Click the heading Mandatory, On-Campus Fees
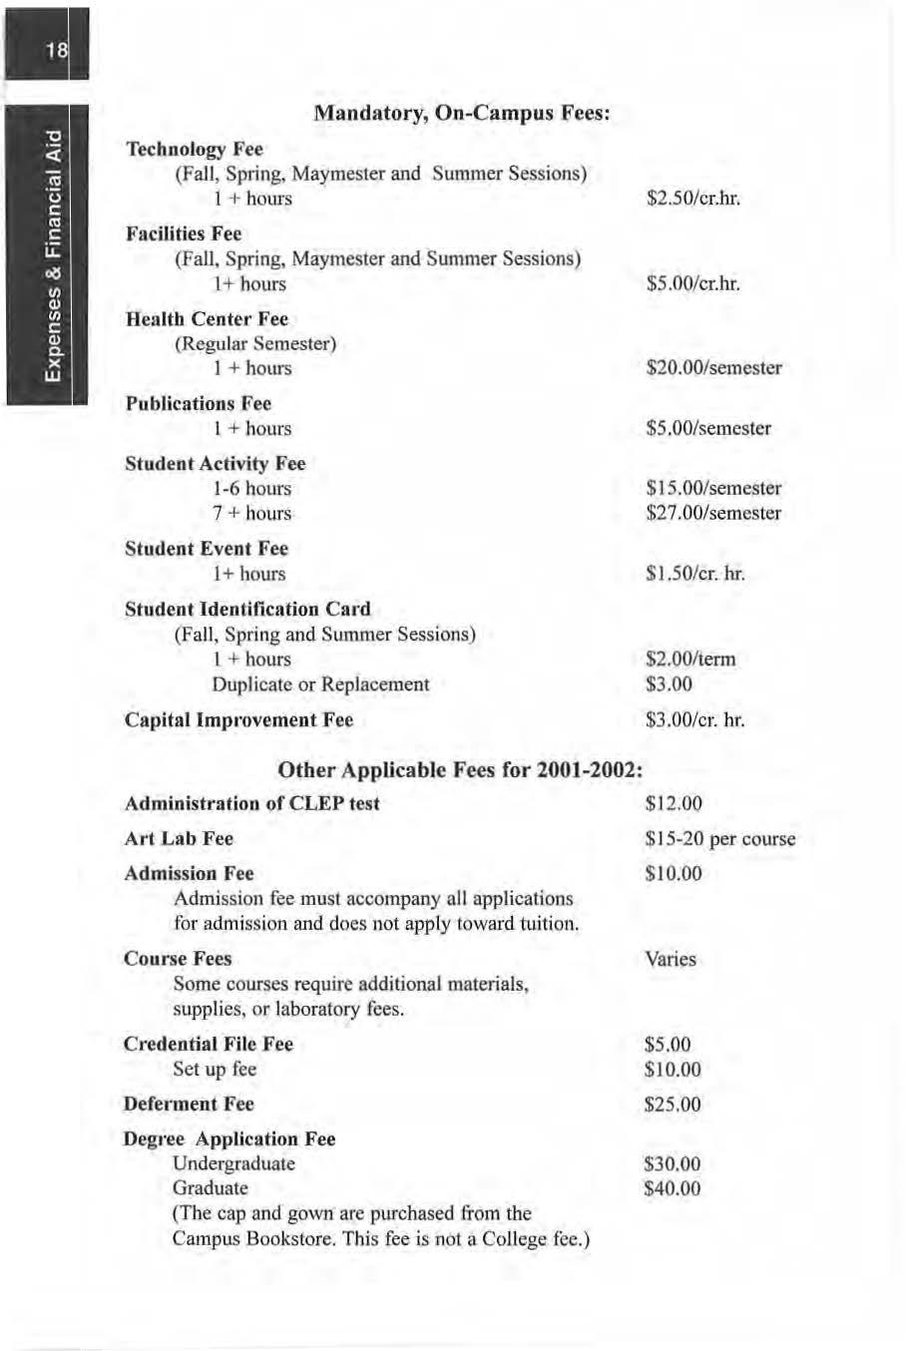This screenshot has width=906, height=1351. (x=461, y=114)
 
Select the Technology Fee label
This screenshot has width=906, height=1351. (x=194, y=150)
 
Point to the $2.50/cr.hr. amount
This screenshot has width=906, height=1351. (x=693, y=199)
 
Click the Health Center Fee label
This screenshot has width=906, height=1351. (x=207, y=319)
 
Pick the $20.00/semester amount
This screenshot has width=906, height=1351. (x=713, y=368)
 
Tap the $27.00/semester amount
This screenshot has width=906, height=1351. (x=713, y=514)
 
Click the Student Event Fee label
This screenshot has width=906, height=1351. (x=207, y=549)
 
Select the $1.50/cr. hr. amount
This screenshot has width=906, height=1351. (x=695, y=574)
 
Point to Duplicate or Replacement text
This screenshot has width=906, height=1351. (x=320, y=684)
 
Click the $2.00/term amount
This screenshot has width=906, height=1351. (x=690, y=660)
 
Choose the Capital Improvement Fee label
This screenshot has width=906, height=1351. (x=238, y=720)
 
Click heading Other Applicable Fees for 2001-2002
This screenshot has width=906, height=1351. (x=460, y=770)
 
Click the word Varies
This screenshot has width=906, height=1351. (x=671, y=960)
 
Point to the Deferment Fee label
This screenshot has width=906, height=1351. (x=189, y=1105)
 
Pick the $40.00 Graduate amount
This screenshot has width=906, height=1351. (x=673, y=1189)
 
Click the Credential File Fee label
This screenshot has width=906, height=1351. (x=209, y=1045)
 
